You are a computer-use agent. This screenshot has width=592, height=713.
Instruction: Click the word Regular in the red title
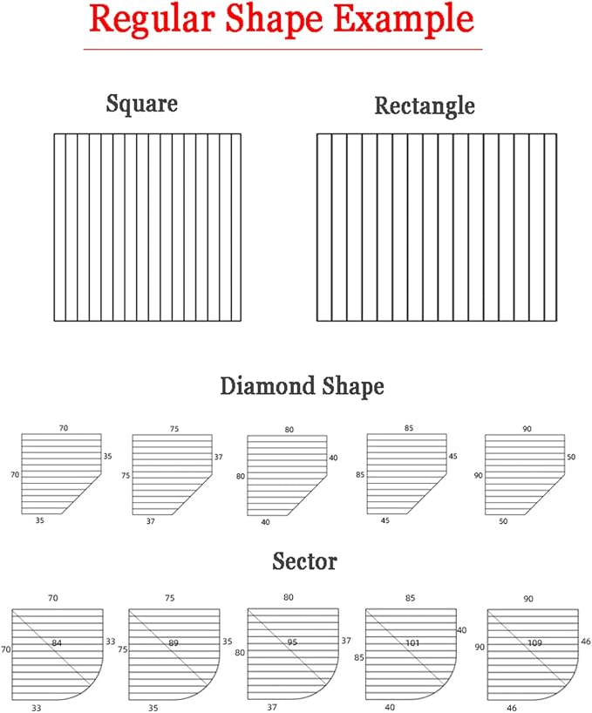[152, 19]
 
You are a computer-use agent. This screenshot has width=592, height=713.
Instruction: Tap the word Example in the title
[405, 19]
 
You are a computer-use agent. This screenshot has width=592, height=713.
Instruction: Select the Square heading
[142, 104]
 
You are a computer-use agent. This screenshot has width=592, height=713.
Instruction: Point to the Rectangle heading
[425, 106]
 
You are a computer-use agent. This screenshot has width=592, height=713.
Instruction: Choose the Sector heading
[304, 561]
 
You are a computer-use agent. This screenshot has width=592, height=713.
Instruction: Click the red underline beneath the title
[282, 49]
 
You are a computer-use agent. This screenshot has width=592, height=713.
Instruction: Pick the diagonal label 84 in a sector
[57, 643]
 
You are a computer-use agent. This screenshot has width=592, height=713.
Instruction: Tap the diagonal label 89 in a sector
[174, 643]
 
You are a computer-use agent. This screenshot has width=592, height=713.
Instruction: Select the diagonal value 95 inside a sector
[292, 642]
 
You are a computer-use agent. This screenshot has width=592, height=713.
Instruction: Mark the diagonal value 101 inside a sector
[412, 643]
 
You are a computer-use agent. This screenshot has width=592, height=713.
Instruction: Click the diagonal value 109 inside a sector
[534, 643]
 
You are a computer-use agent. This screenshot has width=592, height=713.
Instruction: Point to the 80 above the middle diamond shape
[289, 429]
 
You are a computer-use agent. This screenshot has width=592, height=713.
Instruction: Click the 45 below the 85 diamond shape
[385, 520]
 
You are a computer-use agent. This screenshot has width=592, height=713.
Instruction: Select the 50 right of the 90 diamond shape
[571, 457]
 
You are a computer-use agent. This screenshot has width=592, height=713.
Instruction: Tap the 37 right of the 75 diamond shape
[219, 457]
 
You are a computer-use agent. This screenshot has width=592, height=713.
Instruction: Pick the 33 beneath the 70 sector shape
[37, 708]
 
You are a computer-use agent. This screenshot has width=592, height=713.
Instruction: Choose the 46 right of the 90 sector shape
[586, 642]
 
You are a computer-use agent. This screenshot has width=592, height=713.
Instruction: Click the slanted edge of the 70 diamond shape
[81, 494]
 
